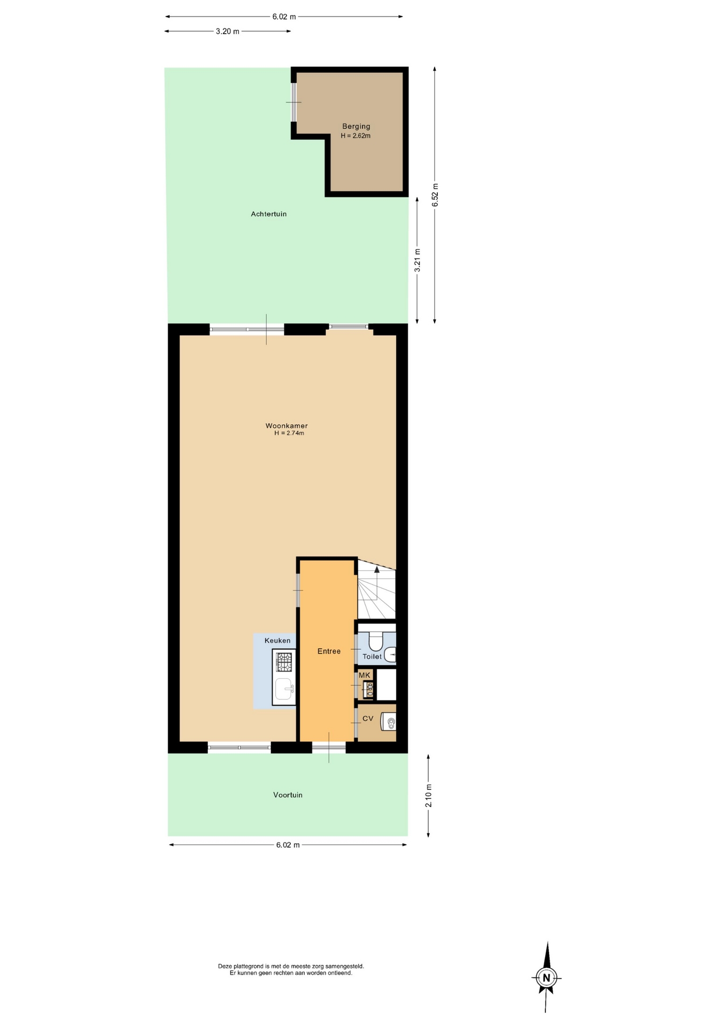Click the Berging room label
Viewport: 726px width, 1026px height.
pyautogui.click(x=356, y=127)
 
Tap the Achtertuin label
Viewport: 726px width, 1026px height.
pyautogui.click(x=269, y=214)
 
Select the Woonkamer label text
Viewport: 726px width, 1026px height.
pyautogui.click(x=287, y=426)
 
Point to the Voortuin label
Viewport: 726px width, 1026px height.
pyautogui.click(x=288, y=795)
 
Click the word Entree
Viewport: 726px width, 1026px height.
pyautogui.click(x=329, y=651)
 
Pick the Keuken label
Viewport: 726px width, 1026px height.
pyautogui.click(x=277, y=641)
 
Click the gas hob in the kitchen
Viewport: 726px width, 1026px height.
pyautogui.click(x=284, y=662)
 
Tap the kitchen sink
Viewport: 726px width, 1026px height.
pyautogui.click(x=284, y=689)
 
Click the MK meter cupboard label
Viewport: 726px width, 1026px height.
pyautogui.click(x=365, y=675)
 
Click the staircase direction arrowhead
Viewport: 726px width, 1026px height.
pyautogui.click(x=377, y=570)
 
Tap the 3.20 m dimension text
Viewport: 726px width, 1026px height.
pyautogui.click(x=227, y=32)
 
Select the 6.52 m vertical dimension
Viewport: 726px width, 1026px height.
pyautogui.click(x=435, y=195)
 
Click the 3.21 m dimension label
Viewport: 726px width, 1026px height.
pyautogui.click(x=418, y=260)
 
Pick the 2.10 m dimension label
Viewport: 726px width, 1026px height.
pyautogui.click(x=429, y=796)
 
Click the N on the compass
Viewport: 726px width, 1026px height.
pyautogui.click(x=546, y=978)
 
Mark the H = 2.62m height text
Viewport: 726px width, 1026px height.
pyautogui.click(x=356, y=136)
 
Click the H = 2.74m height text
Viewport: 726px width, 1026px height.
pyautogui.click(x=289, y=433)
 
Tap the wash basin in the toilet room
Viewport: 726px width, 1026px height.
pyautogui.click(x=390, y=655)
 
